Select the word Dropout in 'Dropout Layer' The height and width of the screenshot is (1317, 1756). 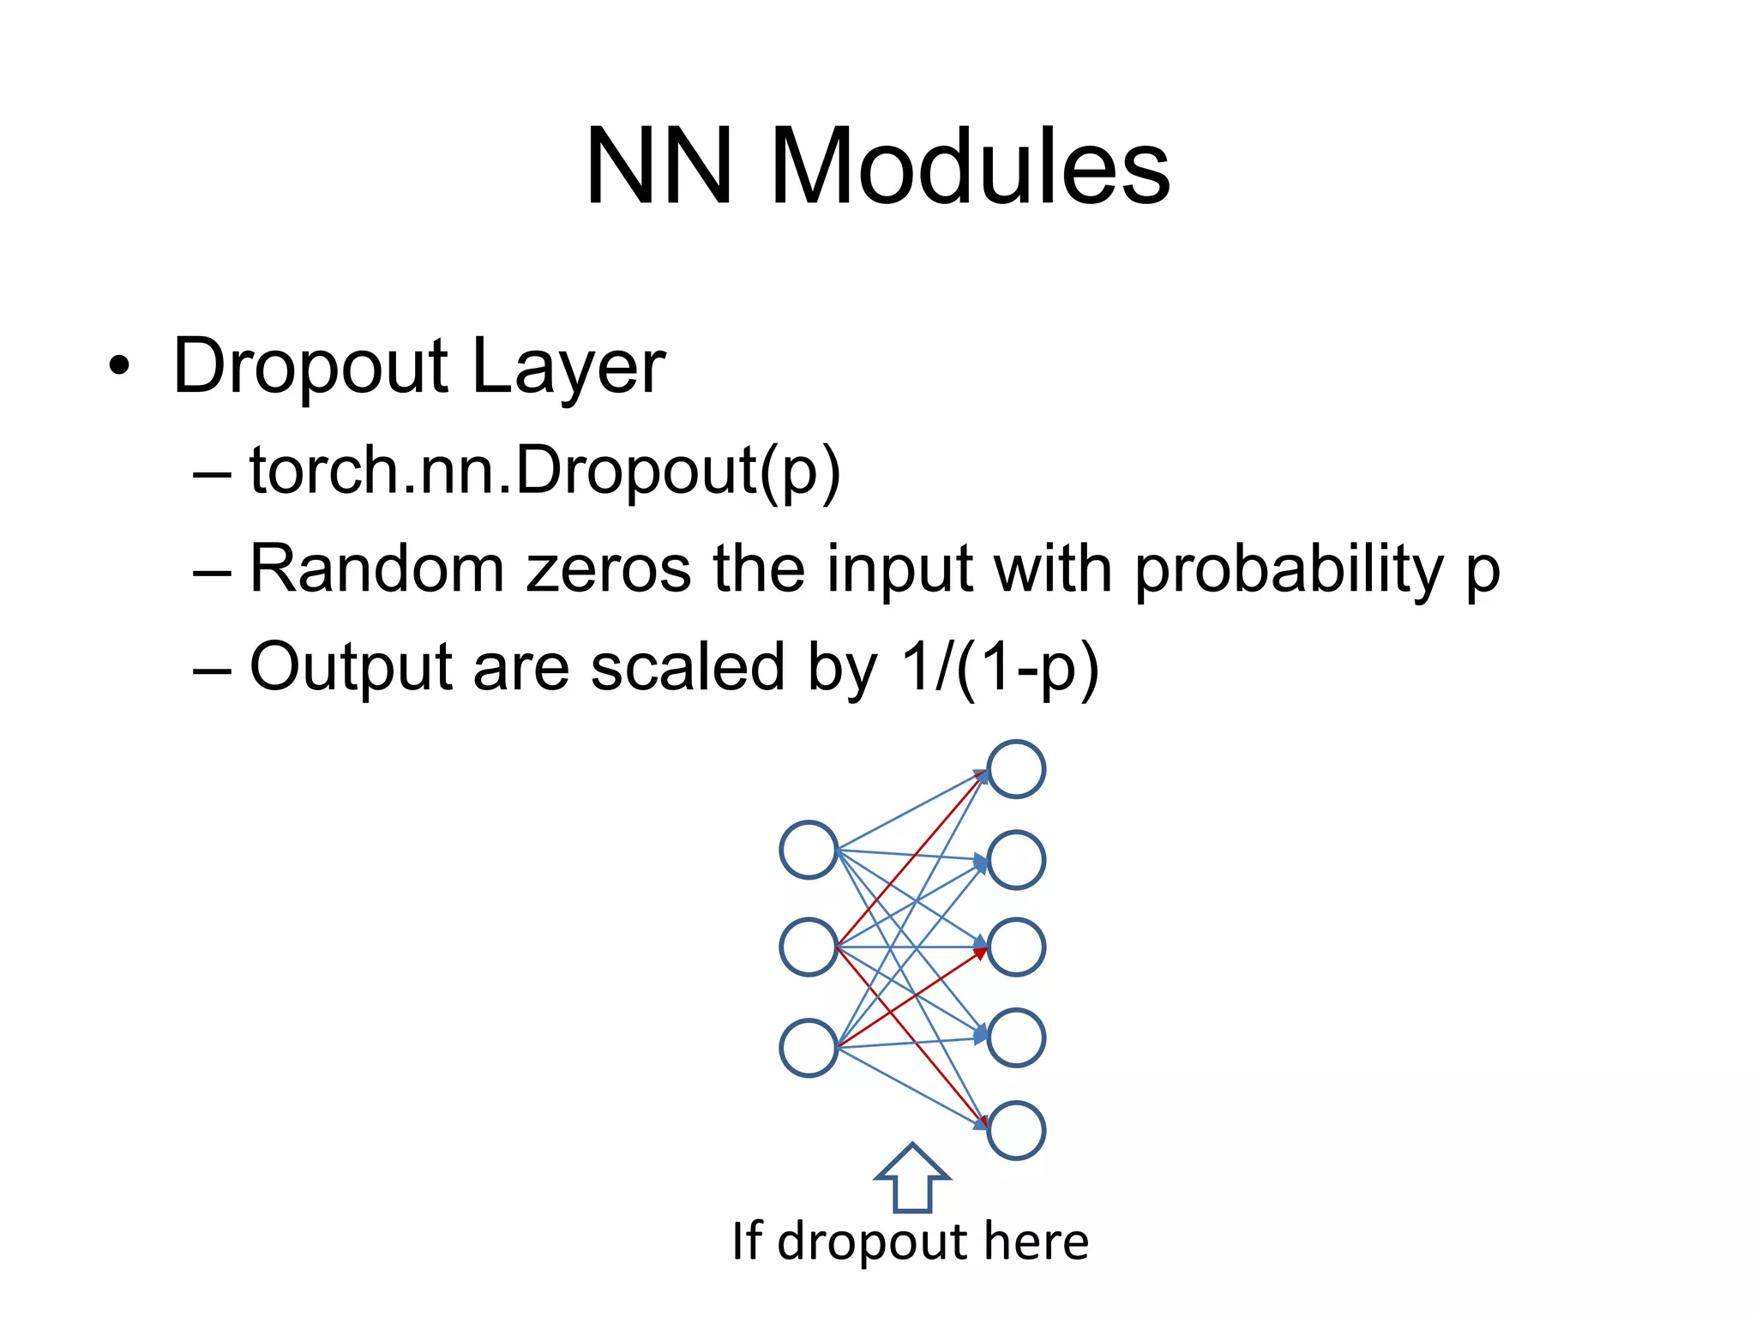tap(310, 367)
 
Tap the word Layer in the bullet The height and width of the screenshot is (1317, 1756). tap(568, 367)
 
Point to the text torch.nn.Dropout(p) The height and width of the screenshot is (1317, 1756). tap(545, 471)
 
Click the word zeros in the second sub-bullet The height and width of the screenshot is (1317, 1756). tap(608, 568)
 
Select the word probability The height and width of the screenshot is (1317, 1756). tap(1289, 568)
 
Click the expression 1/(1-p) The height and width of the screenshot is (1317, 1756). tap(1000, 667)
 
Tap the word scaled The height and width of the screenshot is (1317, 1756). tap(687, 667)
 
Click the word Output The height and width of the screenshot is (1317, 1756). tap(350, 667)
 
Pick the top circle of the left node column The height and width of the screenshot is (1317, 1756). tap(809, 850)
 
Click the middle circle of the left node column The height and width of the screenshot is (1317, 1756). tap(809, 947)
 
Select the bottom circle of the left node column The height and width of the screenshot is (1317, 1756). tap(809, 1048)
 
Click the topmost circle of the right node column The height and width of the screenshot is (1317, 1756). tap(1016, 769)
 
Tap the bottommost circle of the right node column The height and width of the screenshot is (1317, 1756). tap(1016, 1130)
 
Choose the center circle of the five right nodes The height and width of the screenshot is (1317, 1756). tap(1016, 947)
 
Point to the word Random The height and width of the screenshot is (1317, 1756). tap(376, 568)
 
